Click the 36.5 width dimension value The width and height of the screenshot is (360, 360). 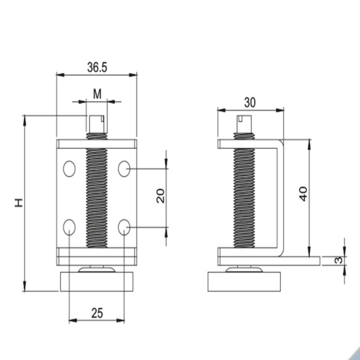(97, 67)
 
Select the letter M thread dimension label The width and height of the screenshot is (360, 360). (97, 94)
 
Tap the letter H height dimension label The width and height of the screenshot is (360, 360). (19, 203)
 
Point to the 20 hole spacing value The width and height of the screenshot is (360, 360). (160, 196)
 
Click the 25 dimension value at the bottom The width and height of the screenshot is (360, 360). (97, 313)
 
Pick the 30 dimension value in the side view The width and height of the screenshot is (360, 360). (249, 102)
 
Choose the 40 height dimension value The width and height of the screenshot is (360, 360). (303, 194)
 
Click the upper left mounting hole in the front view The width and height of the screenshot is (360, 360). (69, 169)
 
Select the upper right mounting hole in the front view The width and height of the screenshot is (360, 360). (124, 169)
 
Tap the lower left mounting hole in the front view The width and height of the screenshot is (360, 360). (69, 227)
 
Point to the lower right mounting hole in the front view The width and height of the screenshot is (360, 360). (124, 227)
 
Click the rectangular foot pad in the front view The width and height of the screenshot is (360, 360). (97, 282)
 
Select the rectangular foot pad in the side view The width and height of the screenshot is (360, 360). (244, 282)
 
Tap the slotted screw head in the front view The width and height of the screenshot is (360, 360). (97, 124)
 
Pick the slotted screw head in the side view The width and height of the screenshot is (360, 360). (244, 124)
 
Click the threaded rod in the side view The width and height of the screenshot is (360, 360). (244, 190)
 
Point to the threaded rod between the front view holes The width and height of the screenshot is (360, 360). (97, 198)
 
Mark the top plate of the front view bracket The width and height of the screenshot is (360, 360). (97, 143)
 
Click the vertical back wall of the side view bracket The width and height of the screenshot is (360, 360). (280, 198)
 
